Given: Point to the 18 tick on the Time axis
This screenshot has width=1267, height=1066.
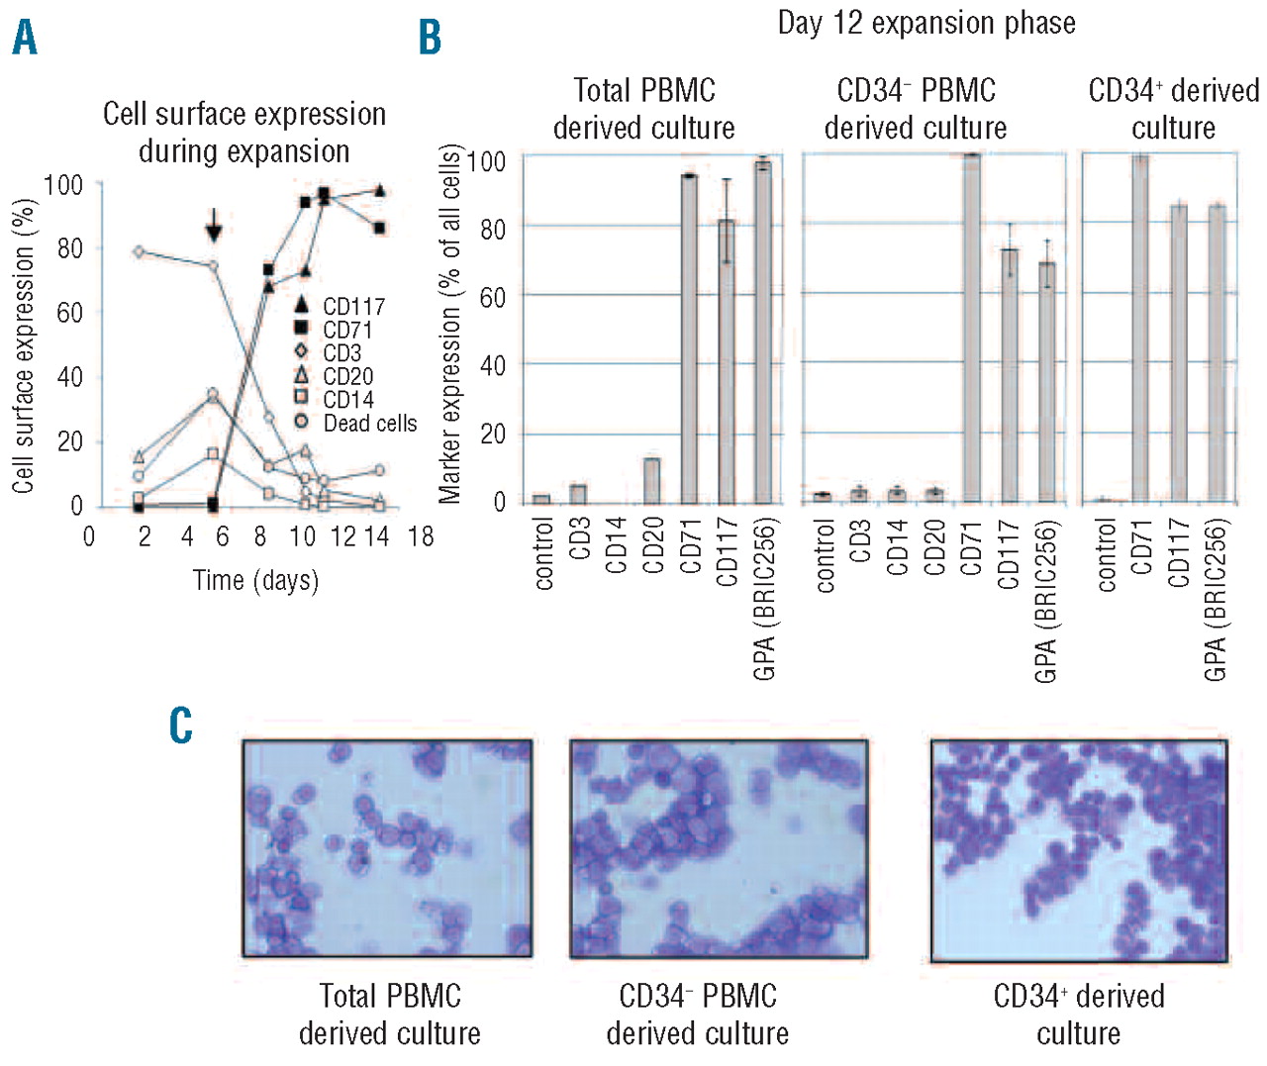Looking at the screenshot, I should point(421,537).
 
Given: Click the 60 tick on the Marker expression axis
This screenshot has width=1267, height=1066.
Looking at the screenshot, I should point(492,297).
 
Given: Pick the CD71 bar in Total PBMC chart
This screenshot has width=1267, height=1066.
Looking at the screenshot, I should point(689,338).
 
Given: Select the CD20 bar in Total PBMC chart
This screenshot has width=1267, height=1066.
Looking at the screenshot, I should point(651,479).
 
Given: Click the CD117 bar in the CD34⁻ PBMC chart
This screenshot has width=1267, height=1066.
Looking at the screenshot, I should point(1009,375).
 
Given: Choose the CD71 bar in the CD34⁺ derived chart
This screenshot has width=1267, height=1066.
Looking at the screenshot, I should point(1140,328).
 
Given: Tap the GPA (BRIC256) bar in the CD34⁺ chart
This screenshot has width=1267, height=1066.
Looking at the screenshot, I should point(1217,352).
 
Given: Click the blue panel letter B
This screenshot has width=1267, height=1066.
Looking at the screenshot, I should point(430,38).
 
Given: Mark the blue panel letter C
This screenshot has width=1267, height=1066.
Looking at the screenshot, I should point(181,726).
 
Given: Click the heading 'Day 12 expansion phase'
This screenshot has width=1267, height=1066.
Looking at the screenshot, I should point(926,23).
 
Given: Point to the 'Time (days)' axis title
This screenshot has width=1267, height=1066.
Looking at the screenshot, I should point(255,580).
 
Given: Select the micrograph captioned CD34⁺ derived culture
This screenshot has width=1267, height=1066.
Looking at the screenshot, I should point(1079,849).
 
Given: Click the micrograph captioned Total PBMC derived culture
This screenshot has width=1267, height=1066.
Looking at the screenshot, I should point(387,848).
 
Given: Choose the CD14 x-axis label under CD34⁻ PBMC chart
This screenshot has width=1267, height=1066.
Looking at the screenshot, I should point(897,547).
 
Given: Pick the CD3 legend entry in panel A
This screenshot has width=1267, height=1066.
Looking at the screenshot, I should point(341,353).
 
